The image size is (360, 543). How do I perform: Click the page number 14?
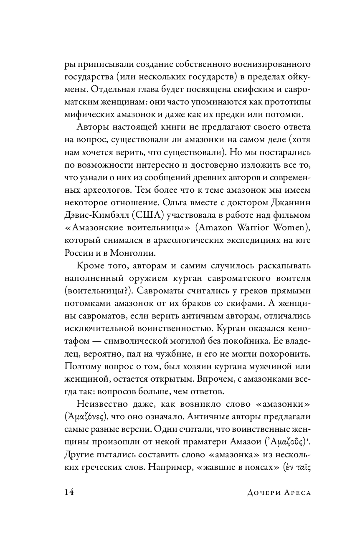coord(69,492)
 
